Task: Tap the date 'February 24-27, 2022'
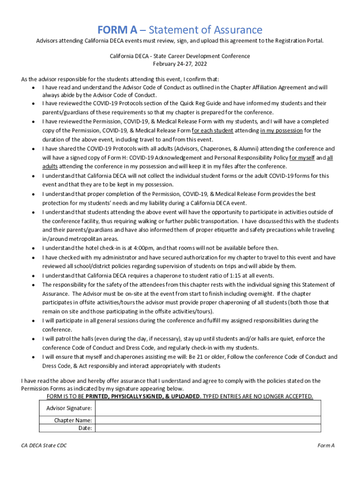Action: (180, 64)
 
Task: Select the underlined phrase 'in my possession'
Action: (281, 131)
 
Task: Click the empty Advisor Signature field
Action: (208, 408)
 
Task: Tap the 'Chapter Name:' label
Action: (73, 420)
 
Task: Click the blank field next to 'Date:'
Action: (208, 428)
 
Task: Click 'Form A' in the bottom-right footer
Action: (326, 446)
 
